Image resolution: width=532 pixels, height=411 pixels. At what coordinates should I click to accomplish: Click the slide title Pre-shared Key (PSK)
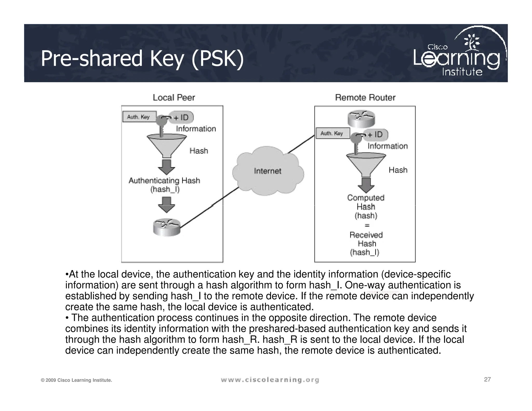tap(142, 59)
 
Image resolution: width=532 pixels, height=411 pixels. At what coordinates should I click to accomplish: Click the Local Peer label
tap(174, 97)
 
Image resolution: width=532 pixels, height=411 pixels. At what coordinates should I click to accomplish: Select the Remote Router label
tap(365, 97)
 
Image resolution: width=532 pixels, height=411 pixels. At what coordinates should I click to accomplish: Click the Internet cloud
tap(268, 171)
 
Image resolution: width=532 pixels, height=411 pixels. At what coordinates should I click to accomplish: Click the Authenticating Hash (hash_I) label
tap(164, 185)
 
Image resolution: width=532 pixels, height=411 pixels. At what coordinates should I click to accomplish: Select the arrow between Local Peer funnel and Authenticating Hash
tap(167, 167)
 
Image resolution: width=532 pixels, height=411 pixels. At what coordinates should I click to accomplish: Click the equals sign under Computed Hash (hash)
tap(367, 225)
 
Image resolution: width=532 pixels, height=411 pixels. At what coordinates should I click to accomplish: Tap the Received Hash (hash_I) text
tap(366, 243)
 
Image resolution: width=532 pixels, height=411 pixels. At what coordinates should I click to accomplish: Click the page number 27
tap(487, 379)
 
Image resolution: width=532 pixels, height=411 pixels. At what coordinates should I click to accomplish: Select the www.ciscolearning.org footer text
tap(270, 380)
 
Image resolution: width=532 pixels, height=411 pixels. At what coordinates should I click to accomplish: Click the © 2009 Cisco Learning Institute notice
tap(76, 380)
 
